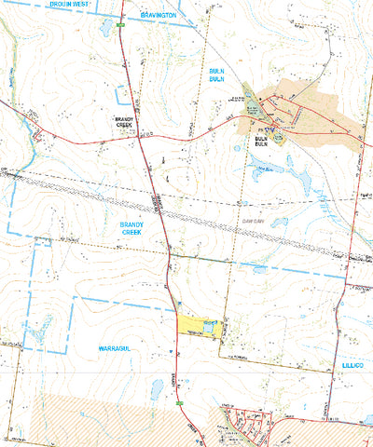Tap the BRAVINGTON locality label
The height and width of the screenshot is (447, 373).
[x=158, y=16]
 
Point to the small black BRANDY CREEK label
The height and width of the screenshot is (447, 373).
[x=126, y=121]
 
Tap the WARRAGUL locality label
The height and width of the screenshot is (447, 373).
[x=118, y=347]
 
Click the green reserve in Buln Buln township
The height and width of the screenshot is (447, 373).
[x=250, y=99]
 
